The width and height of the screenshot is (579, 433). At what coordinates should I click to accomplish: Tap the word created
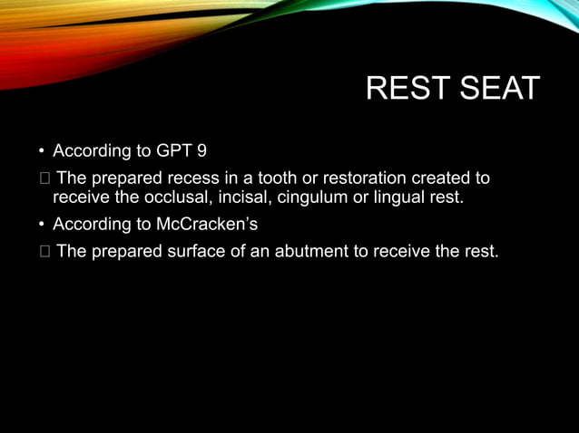pyautogui.click(x=447, y=176)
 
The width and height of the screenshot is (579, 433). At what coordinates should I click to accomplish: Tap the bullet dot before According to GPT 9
pyautogui.click(x=41, y=150)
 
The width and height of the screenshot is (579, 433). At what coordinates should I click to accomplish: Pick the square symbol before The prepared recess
pyautogui.click(x=43, y=176)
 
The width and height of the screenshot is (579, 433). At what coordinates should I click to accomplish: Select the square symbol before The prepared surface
pyautogui.click(x=43, y=251)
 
